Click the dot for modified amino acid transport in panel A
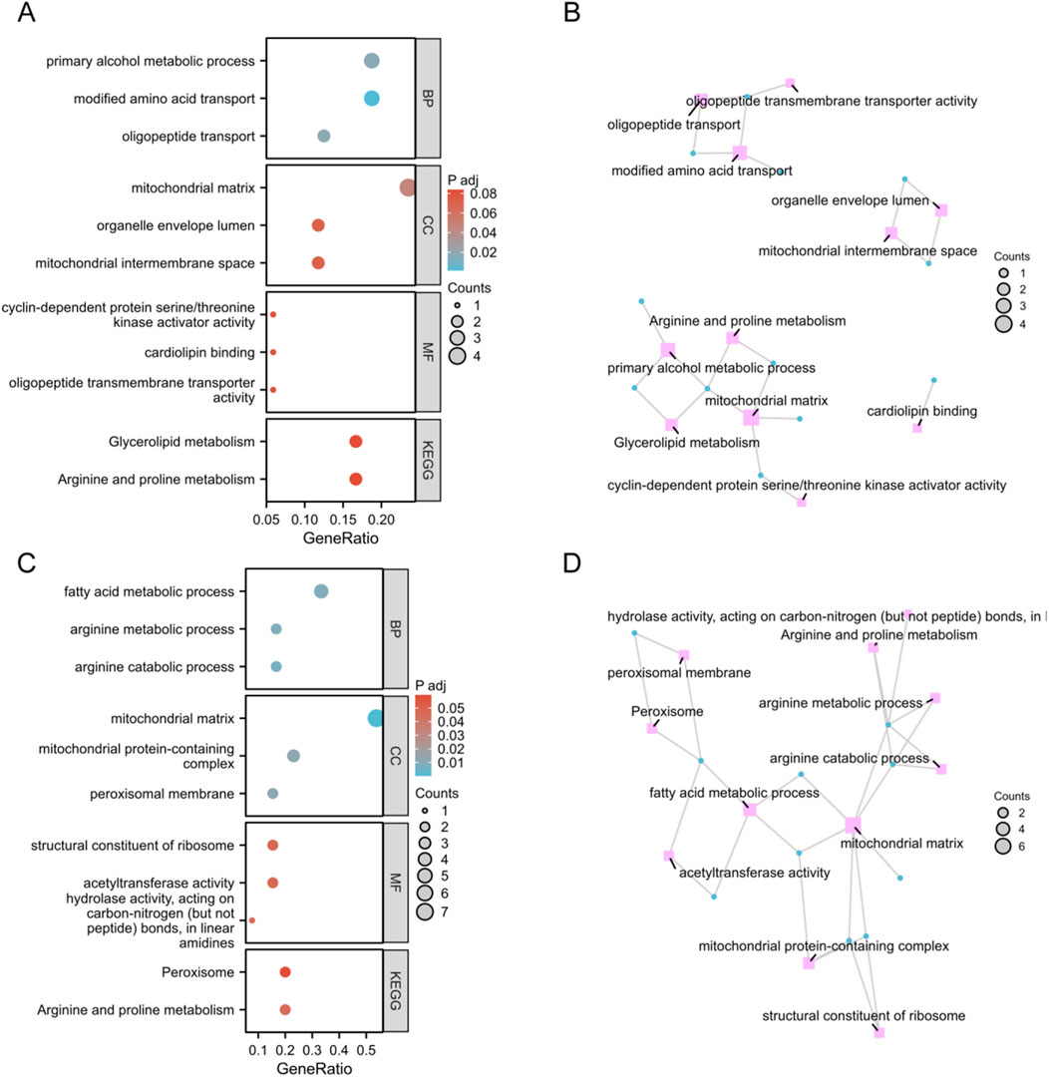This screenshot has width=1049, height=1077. point(372,98)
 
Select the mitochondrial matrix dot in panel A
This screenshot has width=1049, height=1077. point(407,187)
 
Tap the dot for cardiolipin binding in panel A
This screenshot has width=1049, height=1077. point(273,352)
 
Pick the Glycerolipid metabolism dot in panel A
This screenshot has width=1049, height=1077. point(356,442)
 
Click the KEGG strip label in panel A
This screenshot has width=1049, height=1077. point(426,461)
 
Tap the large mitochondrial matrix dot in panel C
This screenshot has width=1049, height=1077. point(375,718)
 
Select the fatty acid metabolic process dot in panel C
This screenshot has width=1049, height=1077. point(321,591)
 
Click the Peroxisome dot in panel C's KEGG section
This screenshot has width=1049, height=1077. point(285,972)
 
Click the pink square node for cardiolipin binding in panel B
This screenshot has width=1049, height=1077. point(917,428)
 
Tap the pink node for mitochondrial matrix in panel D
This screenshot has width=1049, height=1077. point(853,825)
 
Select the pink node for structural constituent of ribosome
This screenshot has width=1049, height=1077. point(879,1033)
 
